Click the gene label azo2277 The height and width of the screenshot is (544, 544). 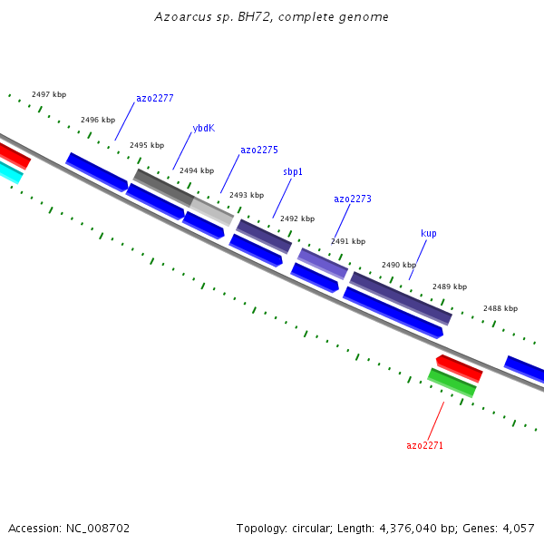click(155, 98)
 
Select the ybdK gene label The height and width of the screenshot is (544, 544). click(204, 128)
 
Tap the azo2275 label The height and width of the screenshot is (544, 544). click(259, 150)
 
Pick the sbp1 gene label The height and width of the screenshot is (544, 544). click(293, 171)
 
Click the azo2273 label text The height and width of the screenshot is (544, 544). click(353, 199)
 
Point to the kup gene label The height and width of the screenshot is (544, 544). click(429, 233)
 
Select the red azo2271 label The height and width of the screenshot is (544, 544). click(424, 445)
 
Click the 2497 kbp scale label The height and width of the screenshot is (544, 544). click(49, 94)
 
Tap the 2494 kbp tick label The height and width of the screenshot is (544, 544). click(197, 170)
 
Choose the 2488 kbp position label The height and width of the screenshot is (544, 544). click(500, 308)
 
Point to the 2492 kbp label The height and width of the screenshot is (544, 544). click(297, 219)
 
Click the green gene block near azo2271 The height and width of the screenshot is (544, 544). click(452, 383)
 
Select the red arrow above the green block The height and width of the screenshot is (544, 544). click(459, 369)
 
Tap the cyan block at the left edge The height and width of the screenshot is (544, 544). click(10, 172)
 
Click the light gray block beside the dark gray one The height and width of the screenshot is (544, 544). click(211, 211)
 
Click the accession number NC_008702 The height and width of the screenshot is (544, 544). click(98, 529)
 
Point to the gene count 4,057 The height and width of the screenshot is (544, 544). click(519, 529)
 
